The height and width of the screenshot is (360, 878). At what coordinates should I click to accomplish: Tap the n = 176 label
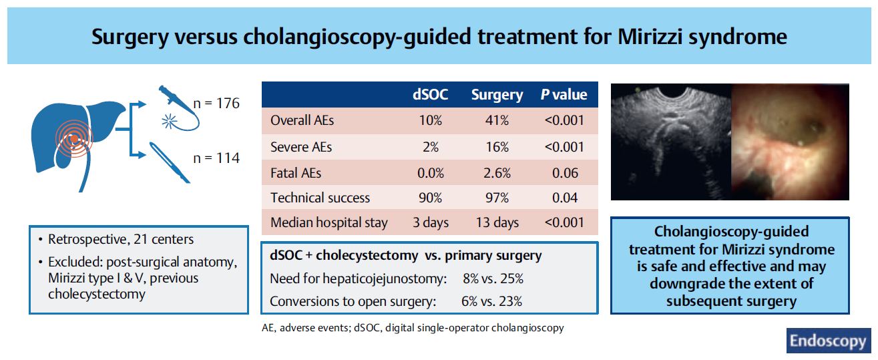tap(216, 104)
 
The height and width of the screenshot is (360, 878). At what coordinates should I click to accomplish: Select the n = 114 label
tap(216, 159)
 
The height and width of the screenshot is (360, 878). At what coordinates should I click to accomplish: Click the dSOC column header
tap(430, 95)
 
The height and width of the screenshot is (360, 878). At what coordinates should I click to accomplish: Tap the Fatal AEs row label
tap(296, 172)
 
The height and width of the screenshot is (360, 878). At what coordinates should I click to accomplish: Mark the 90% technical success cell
tap(430, 198)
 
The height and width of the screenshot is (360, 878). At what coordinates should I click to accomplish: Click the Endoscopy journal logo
tap(827, 341)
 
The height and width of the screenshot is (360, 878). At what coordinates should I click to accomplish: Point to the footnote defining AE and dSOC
tap(413, 329)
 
